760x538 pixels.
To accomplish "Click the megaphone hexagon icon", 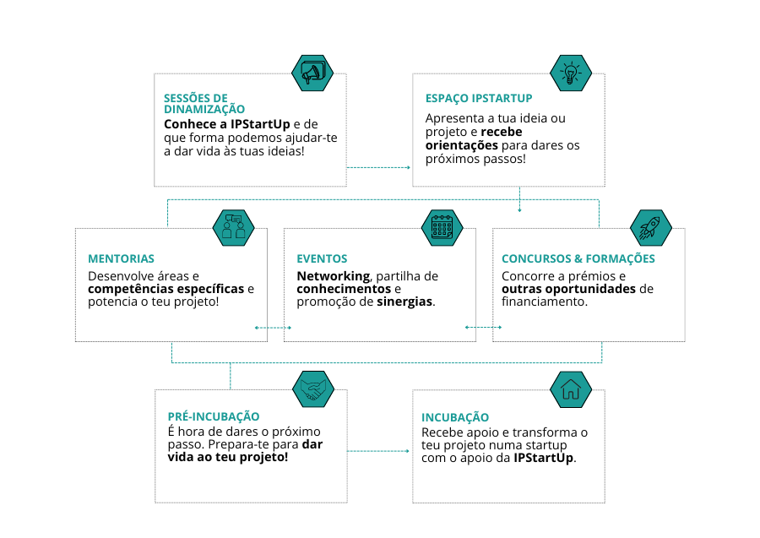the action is click(x=312, y=73).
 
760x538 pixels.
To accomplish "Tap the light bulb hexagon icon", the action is click(x=571, y=73).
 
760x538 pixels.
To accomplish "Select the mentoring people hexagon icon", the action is click(x=234, y=228).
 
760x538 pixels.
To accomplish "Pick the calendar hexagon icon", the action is click(x=442, y=228).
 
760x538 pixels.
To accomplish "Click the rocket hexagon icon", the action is click(x=651, y=228).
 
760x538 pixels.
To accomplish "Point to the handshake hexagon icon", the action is click(x=313, y=389).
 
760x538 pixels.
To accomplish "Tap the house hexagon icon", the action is click(x=571, y=389).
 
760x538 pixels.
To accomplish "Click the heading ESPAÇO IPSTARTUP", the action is click(x=479, y=98).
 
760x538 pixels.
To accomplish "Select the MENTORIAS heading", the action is click(x=121, y=258).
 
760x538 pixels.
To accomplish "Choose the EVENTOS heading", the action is click(x=322, y=258).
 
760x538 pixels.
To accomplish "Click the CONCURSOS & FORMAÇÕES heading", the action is click(x=578, y=258).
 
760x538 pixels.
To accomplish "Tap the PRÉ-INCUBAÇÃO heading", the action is click(x=214, y=416).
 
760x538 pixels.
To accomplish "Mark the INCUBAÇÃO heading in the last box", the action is click(x=455, y=417).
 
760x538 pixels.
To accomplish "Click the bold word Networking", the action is click(x=334, y=276).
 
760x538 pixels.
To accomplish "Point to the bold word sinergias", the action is click(x=404, y=302).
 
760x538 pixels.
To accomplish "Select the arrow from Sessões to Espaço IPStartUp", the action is click(x=378, y=168).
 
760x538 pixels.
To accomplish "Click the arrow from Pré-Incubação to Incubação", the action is click(x=378, y=451).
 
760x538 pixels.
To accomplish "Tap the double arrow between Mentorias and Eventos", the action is click(x=273, y=328).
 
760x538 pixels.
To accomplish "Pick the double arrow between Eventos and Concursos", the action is click(x=483, y=327).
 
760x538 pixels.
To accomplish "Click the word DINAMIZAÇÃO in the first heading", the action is click(x=204, y=109).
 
